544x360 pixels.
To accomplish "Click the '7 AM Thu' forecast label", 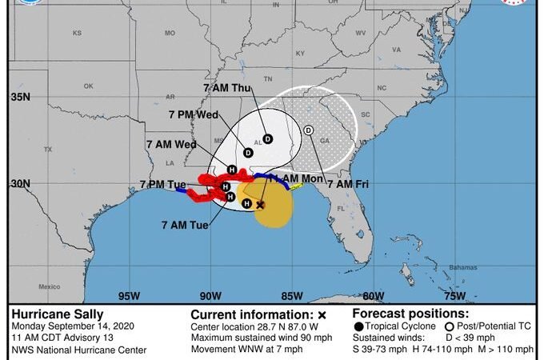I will pyautogui.click(x=230, y=89).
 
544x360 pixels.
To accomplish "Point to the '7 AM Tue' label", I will pyautogui.click(x=185, y=225).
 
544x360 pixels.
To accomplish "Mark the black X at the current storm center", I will pyautogui.click(x=260, y=205).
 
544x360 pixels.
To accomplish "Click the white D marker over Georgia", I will pyautogui.click(x=310, y=130).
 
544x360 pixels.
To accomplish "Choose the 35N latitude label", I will pyautogui.click(x=20, y=98).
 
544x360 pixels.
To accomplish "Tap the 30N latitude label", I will pyautogui.click(x=20, y=183).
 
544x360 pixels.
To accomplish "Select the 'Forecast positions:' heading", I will pyautogui.click(x=410, y=314).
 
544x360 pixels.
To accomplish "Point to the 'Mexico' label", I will pyautogui.click(x=50, y=286).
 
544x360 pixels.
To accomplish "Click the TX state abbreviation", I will pyautogui.click(x=47, y=150).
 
